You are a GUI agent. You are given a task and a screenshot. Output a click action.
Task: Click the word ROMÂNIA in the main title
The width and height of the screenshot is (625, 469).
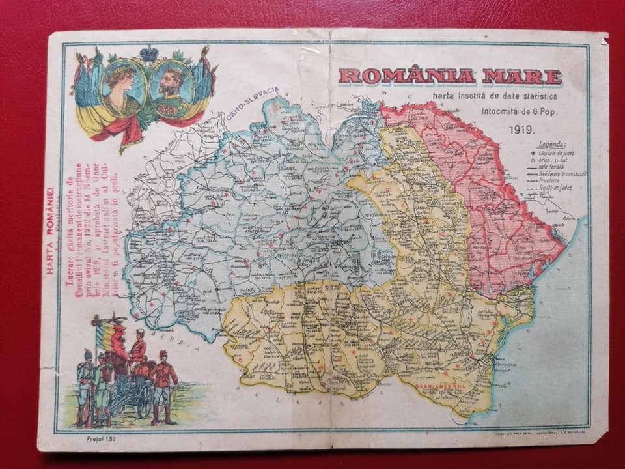pos(406,76)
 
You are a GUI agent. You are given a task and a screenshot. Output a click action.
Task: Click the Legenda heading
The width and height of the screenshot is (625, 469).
pos(553,144)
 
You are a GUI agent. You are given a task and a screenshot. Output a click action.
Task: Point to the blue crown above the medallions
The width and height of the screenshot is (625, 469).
pos(148,53)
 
